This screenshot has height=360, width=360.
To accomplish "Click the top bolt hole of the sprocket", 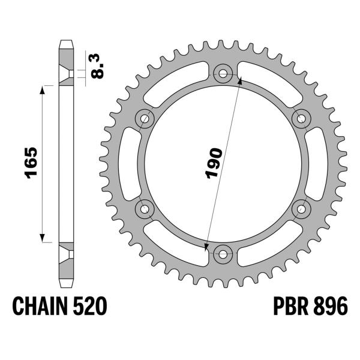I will click(x=223, y=74).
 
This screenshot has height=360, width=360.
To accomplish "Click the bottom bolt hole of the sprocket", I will click(x=223, y=253).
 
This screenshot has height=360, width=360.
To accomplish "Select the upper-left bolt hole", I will click(x=145, y=119).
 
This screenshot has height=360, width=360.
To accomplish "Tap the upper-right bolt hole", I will click(x=301, y=119).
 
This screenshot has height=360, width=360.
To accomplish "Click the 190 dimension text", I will click(x=214, y=163).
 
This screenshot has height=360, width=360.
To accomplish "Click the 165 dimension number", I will click(x=31, y=163).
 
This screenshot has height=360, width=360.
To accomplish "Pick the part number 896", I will click(x=328, y=307).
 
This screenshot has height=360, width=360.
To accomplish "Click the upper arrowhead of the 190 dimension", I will click(x=241, y=79).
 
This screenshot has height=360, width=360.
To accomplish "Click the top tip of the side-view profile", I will click(x=66, y=42).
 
